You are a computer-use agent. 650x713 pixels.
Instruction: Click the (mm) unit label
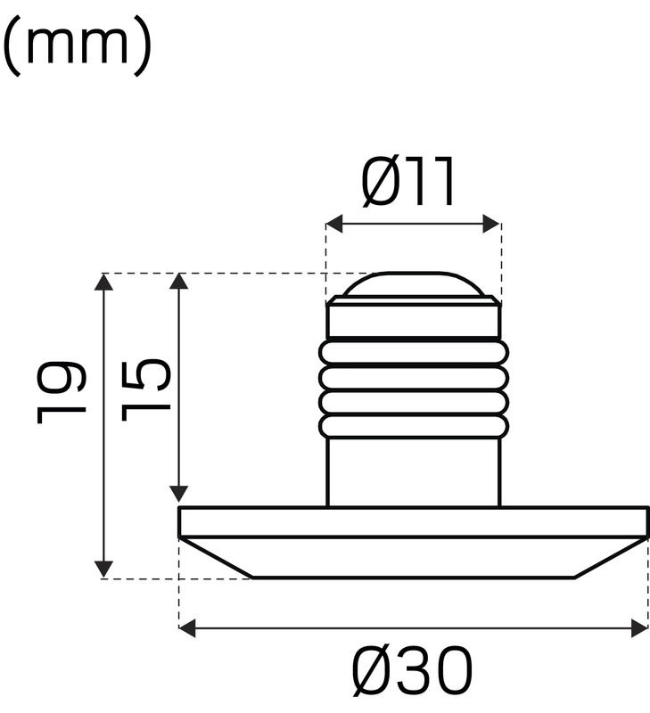78,45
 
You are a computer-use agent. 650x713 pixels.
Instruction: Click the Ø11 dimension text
408,182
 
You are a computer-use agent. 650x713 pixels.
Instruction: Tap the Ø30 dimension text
413,671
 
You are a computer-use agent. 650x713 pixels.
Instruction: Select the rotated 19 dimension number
61,392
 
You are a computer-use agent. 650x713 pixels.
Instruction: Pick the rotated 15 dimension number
145,389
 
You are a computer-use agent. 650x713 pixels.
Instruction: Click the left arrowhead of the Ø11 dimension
334,224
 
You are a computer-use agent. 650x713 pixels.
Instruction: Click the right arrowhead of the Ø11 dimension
491,224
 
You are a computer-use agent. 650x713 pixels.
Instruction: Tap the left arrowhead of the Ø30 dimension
187,628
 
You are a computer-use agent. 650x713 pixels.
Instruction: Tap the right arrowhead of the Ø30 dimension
638,628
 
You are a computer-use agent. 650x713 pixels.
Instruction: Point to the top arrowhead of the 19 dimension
104,282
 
